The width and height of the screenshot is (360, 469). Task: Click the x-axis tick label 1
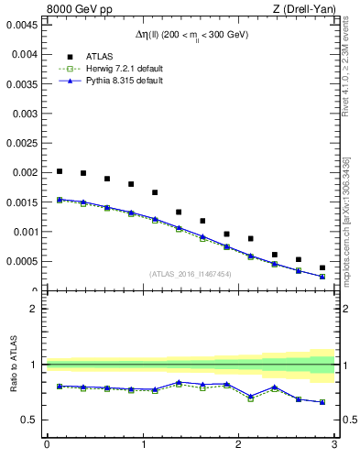pos(142,445)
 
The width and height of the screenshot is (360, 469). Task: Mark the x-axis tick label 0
pos(47,445)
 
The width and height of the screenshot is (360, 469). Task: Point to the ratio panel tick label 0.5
pos(30,420)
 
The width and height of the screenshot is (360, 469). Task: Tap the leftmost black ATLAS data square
pos(60,171)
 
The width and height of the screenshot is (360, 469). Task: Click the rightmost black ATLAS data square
pos(322,267)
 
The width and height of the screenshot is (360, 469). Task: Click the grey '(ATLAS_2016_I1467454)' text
pos(190,273)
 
